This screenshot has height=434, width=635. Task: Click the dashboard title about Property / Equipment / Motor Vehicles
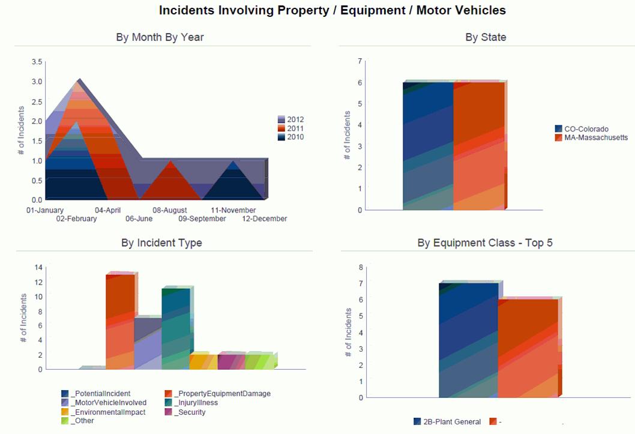point(332,10)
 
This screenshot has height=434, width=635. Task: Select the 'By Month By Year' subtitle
point(160,37)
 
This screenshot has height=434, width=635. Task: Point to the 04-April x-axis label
point(108,210)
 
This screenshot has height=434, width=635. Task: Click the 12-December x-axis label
point(264,219)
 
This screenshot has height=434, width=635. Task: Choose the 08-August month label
point(169,210)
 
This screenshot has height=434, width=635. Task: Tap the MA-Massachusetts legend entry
point(591,137)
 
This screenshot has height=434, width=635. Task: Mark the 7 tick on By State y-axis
point(360,61)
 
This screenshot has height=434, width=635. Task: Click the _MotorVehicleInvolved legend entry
point(103,403)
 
